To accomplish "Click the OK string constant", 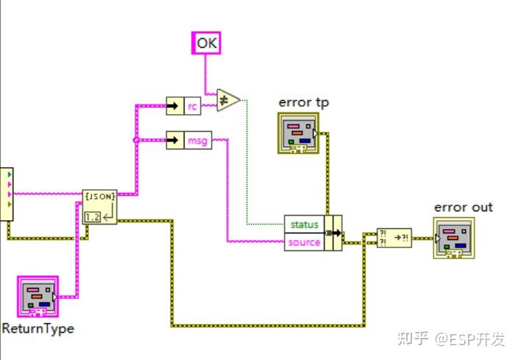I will click(207, 43).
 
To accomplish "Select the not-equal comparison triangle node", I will click(228, 100).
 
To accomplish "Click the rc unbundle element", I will click(192, 106).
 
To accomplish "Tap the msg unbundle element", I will click(196, 139).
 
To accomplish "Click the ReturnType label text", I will click(38, 328).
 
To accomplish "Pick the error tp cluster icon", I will click(297, 133).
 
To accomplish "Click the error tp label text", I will click(303, 102).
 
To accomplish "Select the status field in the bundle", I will click(304, 224).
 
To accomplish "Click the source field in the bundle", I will click(304, 241).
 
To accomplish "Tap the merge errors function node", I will click(394, 238).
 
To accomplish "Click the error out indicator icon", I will click(453, 239).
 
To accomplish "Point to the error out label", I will click(463, 208).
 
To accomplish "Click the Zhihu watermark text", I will click(451, 339).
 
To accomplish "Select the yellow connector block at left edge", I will click(6, 193).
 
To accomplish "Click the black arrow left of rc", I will click(174, 106).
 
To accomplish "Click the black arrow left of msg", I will click(174, 139).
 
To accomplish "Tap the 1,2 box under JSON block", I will click(93, 216).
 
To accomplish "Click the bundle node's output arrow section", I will click(333, 233).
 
